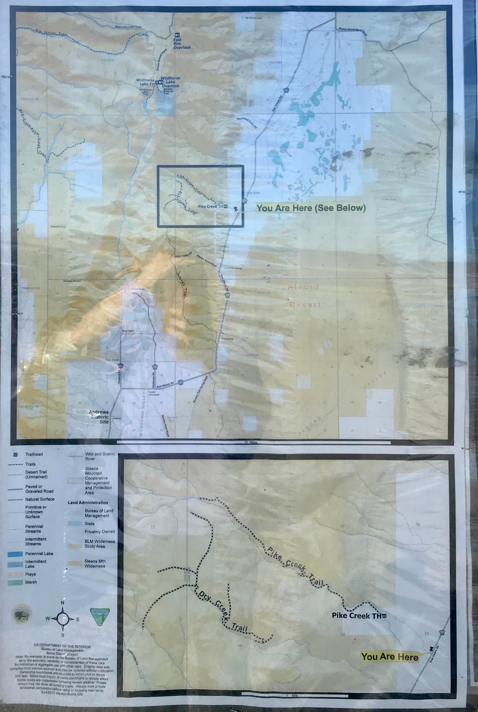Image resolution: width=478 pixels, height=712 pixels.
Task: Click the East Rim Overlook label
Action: (182, 44)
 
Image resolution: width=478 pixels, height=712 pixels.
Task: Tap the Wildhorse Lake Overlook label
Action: (170, 82)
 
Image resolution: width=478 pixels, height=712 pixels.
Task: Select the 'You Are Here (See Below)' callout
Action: (311, 208)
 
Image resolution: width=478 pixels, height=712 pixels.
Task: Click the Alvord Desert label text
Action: (304, 296)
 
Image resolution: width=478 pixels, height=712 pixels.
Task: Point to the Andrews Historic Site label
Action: (99, 417)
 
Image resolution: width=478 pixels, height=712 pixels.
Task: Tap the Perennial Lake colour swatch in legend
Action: (15, 554)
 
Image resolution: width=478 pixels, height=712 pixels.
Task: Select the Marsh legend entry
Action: (31, 582)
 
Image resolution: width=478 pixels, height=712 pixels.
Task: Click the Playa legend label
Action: (31, 574)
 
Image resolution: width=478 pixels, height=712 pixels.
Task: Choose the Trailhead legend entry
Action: (34, 454)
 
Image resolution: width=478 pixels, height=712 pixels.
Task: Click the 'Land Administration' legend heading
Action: (88, 502)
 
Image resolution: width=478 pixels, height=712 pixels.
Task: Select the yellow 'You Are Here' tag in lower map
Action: (389, 656)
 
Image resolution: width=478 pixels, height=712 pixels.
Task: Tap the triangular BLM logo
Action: (99, 616)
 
